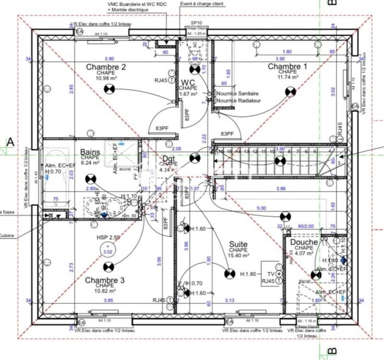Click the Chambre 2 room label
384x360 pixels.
pos(106,67)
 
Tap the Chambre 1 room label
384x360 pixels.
pos(287,66)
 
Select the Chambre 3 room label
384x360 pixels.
pos(105,280)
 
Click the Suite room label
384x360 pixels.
pos(238,244)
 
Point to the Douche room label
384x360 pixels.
pos(304,242)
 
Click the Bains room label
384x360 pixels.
pos(90,151)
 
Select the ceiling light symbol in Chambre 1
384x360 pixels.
pos(290,91)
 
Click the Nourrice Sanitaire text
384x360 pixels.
pos(238,94)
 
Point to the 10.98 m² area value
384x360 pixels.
pos(106,78)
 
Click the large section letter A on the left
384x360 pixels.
pos(10,142)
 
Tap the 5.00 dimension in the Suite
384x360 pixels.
pos(261,208)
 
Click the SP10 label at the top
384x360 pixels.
pos(196,23)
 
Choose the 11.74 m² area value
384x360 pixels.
pos(288,77)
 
